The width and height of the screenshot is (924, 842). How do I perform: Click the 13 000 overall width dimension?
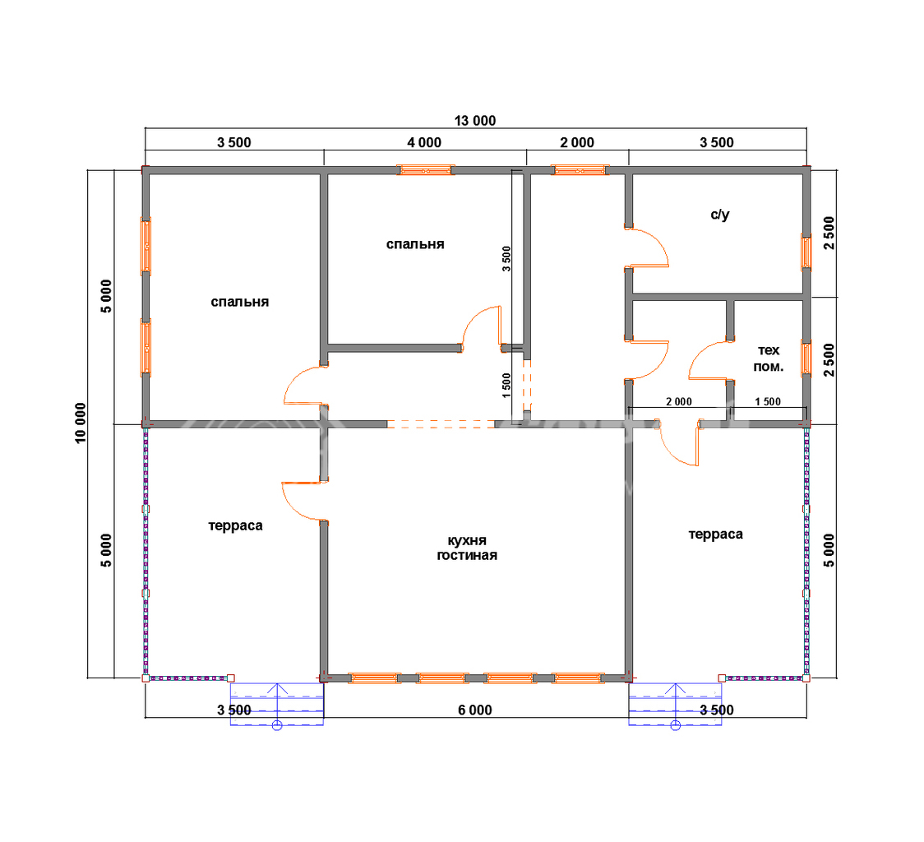[x=475, y=121]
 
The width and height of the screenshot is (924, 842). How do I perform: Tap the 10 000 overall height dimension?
[x=81, y=423]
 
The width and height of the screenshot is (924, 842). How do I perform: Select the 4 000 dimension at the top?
[x=424, y=143]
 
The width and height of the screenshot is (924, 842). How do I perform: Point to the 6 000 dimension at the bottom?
[x=475, y=710]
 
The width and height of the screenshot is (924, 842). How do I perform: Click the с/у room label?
[x=719, y=215]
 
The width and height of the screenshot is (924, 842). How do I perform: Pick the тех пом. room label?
[x=769, y=359]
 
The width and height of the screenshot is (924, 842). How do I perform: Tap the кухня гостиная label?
[x=467, y=548]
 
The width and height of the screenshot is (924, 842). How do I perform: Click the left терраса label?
[x=235, y=525]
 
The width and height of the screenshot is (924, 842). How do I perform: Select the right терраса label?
[x=715, y=534]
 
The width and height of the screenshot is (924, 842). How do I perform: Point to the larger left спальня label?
[x=240, y=302]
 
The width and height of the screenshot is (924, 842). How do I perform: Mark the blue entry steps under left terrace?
[x=276, y=704]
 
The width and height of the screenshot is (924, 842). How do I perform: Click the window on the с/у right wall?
[x=806, y=252]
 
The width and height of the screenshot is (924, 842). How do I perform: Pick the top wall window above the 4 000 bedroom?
[x=425, y=170]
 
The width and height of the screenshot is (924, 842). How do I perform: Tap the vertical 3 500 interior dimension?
[x=506, y=259]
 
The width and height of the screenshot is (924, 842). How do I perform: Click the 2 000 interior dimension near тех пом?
[x=679, y=401]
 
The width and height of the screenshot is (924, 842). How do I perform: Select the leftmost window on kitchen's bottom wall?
[x=374, y=678]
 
